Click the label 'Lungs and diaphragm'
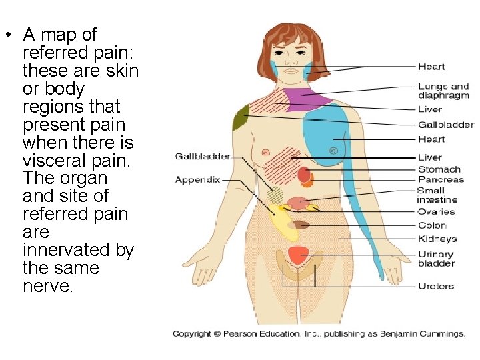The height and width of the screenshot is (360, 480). (x=443, y=91)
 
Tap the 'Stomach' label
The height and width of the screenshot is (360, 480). (x=439, y=169)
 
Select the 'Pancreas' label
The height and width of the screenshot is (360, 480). (x=441, y=179)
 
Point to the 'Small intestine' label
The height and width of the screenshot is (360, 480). (x=437, y=195)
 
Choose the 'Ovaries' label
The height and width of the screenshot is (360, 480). (x=436, y=212)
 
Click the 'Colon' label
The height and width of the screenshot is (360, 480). (x=432, y=225)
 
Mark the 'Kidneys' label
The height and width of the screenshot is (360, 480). (x=437, y=239)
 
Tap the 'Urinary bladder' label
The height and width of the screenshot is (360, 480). (x=435, y=259)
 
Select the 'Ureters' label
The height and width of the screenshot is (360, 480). (x=436, y=286)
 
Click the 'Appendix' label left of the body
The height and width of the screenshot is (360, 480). (x=197, y=179)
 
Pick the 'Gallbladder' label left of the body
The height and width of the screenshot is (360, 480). (x=203, y=156)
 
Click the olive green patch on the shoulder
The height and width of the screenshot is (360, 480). (x=241, y=118)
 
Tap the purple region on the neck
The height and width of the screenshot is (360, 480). (x=307, y=98)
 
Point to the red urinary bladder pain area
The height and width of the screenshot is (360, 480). (x=298, y=255)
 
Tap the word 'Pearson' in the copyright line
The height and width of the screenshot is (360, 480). (x=250, y=334)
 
